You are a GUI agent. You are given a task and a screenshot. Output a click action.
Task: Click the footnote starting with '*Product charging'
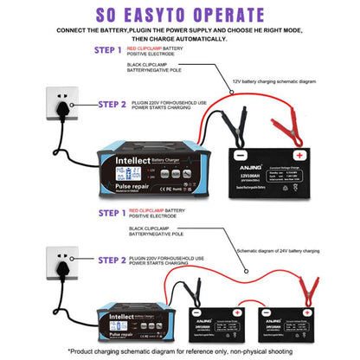click(x=180, y=351)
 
